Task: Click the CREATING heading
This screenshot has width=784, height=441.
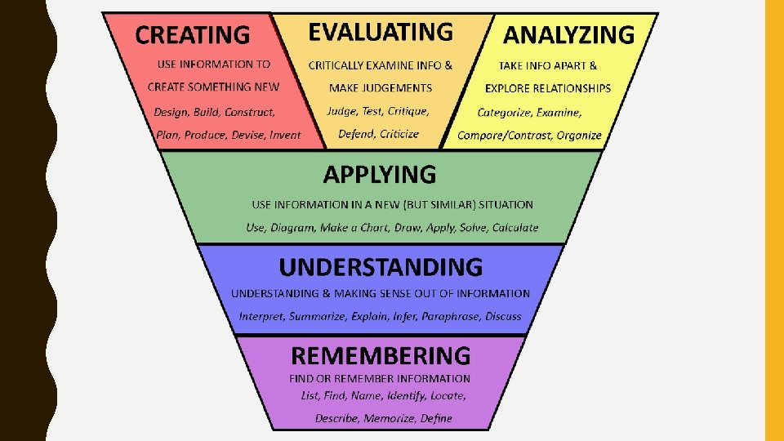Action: point(193,34)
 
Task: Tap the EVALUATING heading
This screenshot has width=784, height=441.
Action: point(380,32)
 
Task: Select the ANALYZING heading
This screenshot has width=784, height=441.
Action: point(568,34)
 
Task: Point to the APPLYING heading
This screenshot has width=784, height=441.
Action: point(380,174)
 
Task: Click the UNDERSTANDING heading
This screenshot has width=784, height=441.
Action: point(381,267)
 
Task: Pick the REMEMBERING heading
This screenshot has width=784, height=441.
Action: point(381,355)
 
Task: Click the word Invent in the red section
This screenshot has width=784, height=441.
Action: point(285,135)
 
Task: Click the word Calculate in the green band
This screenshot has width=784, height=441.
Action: point(514,228)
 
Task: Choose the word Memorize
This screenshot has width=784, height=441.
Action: point(389,418)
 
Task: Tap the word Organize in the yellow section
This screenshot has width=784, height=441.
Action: point(579,136)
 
